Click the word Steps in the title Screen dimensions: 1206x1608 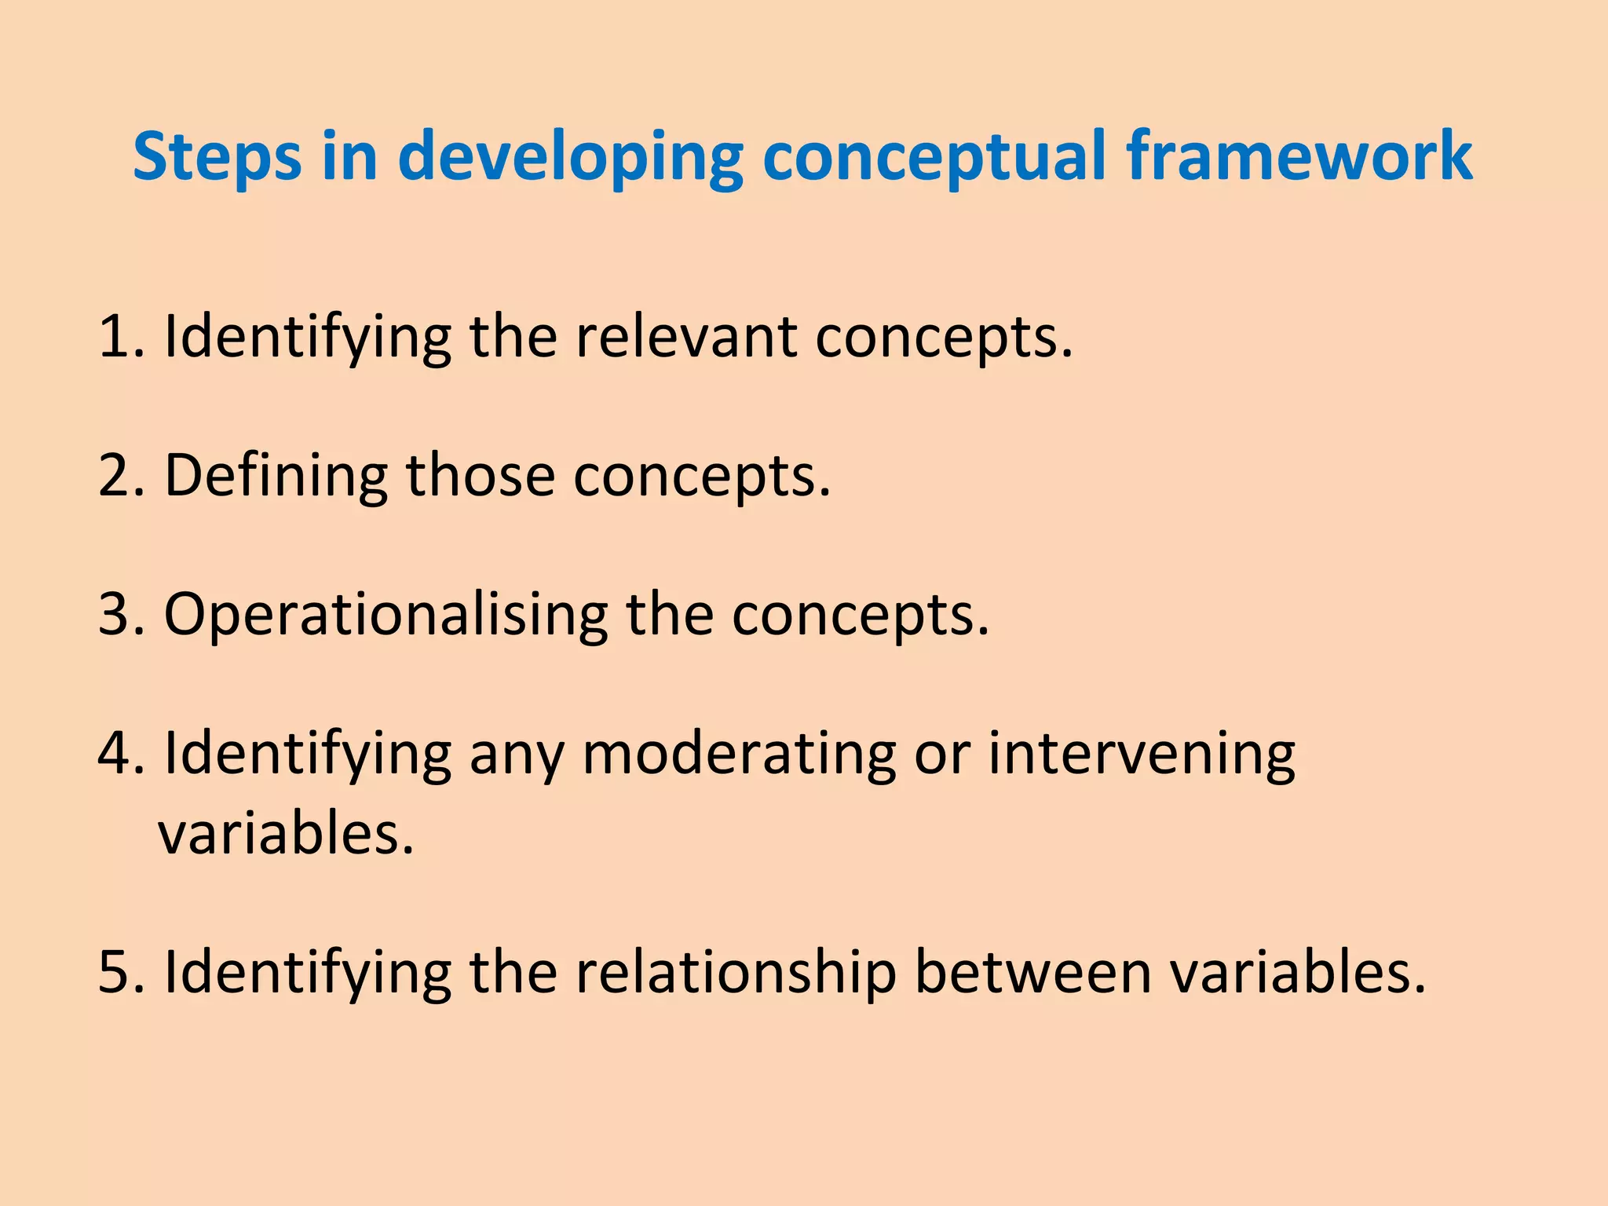pyautogui.click(x=217, y=157)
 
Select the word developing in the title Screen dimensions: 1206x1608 pyautogui.click(x=570, y=157)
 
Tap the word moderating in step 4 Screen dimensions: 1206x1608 pyautogui.click(x=738, y=753)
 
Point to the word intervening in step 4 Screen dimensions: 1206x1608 pyautogui.click(x=1141, y=753)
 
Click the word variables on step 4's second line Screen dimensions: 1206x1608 pyautogui.click(x=286, y=834)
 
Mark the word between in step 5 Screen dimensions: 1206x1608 pyautogui.click(x=1033, y=971)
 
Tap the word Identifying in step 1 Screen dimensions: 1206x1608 pyautogui.click(x=307, y=337)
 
